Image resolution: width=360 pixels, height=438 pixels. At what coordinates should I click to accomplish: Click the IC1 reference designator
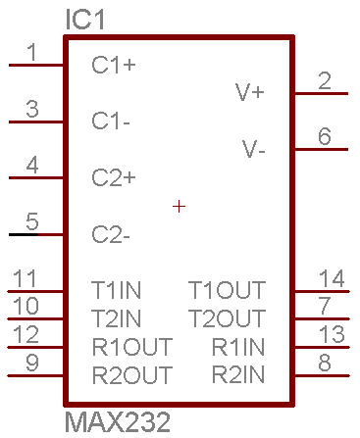[84, 20]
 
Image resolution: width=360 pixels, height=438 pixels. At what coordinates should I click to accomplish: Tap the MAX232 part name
[118, 422]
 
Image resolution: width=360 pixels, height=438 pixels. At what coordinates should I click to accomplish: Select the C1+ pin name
[114, 65]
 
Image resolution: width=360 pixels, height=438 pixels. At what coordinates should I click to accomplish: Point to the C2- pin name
[111, 234]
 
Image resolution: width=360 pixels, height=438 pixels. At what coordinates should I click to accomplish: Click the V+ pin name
[250, 92]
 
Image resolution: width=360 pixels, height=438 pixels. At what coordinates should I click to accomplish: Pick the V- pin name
[253, 149]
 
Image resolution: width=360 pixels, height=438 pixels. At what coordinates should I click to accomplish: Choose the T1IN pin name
[116, 290]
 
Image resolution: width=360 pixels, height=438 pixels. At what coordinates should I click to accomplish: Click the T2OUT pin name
[227, 318]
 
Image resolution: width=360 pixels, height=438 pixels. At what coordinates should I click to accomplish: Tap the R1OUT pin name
[132, 347]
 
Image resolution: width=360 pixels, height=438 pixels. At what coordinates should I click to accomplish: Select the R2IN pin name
[238, 374]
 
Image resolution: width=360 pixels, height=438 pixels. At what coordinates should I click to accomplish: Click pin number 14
[332, 278]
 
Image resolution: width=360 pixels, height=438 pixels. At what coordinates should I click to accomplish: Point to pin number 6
[325, 136]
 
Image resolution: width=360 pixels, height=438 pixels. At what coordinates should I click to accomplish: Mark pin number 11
[25, 278]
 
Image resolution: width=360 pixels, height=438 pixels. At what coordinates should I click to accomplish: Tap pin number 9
[32, 363]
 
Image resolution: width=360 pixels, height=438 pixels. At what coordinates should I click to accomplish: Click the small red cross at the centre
[179, 207]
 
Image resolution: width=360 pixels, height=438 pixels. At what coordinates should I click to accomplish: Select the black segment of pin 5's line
[24, 234]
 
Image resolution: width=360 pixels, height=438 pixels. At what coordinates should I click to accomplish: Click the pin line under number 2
[322, 94]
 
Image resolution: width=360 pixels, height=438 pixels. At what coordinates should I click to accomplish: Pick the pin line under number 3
[36, 122]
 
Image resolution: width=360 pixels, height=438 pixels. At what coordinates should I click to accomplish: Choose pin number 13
[332, 334]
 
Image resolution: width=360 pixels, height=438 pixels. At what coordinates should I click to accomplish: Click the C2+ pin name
[114, 177]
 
